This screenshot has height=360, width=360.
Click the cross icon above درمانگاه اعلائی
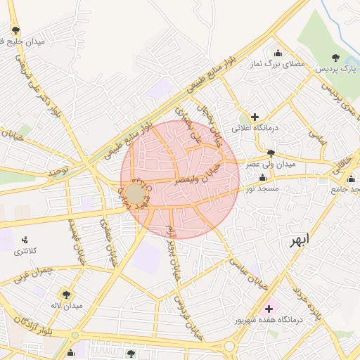click(254, 116)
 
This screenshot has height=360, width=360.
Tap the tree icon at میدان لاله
click(67, 294)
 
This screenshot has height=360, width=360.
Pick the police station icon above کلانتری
click(26, 240)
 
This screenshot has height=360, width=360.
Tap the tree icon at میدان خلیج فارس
click(16, 30)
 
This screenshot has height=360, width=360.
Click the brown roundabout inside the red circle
click(135, 193)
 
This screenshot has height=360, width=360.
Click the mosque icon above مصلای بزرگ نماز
click(278, 53)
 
